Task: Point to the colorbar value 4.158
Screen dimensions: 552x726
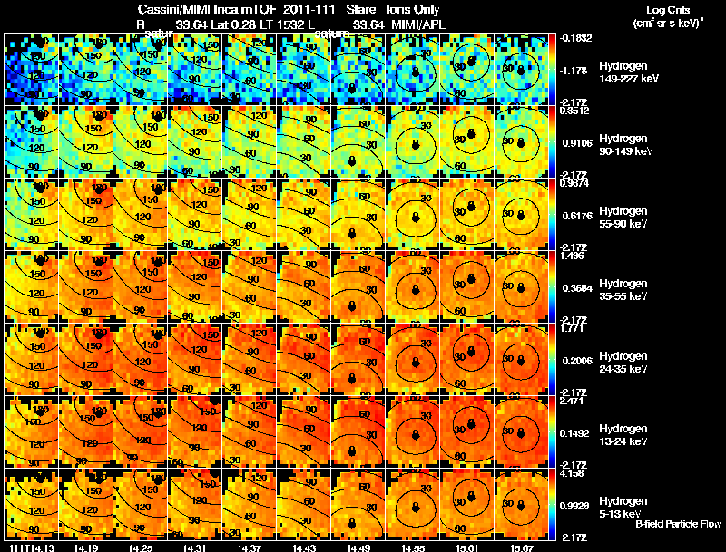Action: tap(573, 474)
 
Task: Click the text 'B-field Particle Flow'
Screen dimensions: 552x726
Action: tap(677, 524)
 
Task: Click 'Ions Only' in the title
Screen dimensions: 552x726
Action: tap(413, 10)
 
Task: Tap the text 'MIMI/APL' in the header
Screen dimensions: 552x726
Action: tap(419, 24)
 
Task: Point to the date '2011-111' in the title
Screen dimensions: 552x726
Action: tap(307, 10)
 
